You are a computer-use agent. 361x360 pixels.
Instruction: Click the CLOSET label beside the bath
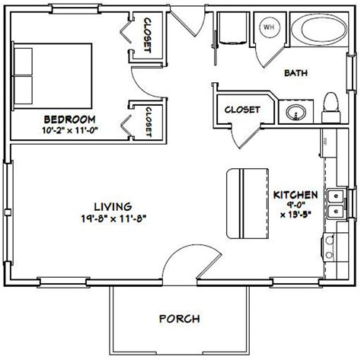(242, 109)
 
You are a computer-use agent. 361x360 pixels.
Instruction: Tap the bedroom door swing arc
(145, 79)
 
